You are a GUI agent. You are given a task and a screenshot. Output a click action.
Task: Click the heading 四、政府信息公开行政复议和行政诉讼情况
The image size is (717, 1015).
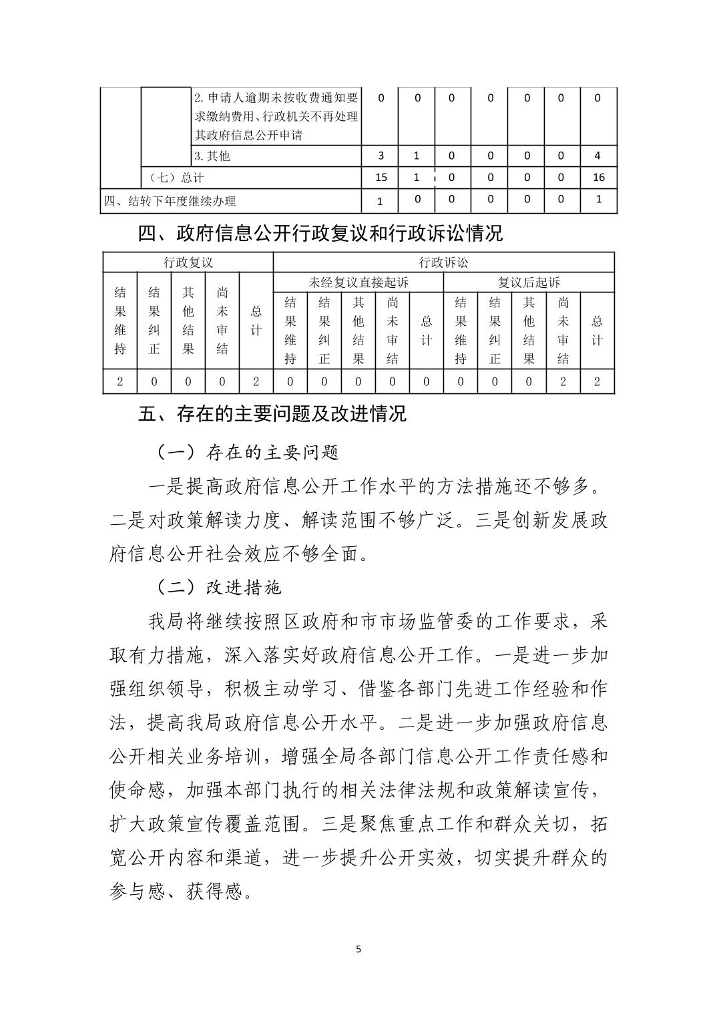click(320, 234)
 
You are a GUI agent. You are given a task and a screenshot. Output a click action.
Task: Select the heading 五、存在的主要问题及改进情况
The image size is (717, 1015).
click(272, 414)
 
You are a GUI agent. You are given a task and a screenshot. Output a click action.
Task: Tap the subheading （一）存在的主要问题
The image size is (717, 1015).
click(248, 453)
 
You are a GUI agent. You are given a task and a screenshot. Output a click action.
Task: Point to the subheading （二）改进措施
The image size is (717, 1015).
click(219, 587)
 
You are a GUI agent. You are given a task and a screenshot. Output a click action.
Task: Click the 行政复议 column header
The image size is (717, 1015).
click(188, 262)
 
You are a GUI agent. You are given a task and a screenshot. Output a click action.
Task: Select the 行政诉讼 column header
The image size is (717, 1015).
click(443, 262)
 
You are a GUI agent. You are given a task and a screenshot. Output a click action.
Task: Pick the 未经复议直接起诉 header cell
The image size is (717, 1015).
click(358, 282)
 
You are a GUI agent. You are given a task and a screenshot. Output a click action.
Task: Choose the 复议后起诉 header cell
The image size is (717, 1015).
click(529, 282)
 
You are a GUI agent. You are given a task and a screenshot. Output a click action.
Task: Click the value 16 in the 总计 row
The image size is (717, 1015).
click(597, 177)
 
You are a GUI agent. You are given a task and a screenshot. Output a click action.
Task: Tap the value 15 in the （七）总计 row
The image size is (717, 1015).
click(381, 177)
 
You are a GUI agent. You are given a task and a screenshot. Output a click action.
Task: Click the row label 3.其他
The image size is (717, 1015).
click(212, 156)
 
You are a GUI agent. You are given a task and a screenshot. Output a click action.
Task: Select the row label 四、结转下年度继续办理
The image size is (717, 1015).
click(170, 201)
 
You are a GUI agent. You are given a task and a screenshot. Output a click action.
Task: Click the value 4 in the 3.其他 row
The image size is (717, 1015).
click(597, 156)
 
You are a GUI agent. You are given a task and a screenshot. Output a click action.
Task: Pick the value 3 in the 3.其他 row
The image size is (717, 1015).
click(381, 156)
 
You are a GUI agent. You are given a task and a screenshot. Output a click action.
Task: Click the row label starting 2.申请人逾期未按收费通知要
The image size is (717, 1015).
click(276, 98)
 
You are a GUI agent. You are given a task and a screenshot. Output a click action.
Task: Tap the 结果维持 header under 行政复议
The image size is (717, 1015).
click(120, 321)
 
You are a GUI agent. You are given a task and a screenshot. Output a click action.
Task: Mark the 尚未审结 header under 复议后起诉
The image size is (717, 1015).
click(563, 331)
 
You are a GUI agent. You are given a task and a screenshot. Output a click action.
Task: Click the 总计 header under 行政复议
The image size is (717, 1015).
click(256, 321)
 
